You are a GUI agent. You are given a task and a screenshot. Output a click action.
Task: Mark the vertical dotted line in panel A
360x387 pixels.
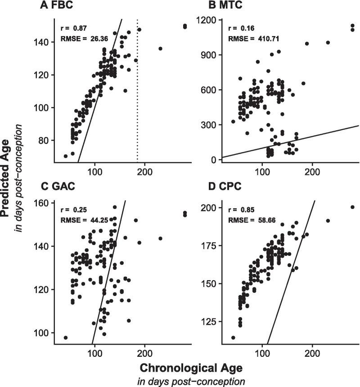pyautogui.click(x=137, y=113)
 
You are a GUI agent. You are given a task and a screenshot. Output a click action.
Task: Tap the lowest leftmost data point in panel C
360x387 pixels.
pyautogui.click(x=66, y=337)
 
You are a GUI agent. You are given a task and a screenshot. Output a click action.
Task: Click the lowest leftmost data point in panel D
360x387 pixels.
pyautogui.click(x=233, y=337)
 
